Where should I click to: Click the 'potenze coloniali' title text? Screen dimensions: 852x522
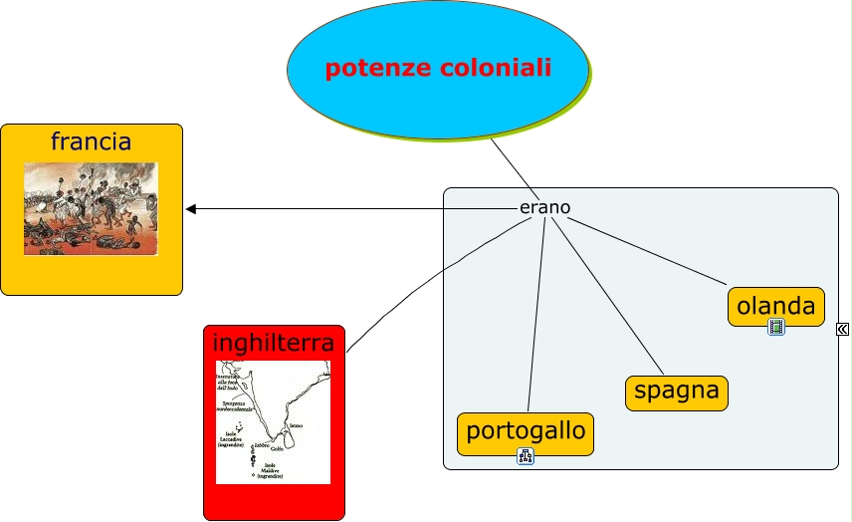pos(438,69)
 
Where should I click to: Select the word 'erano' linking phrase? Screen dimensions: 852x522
pos(544,207)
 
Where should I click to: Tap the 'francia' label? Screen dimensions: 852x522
pos(91,141)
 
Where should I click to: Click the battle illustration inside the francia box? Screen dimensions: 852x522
pos(91,209)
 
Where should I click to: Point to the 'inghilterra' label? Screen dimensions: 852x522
pos(274,343)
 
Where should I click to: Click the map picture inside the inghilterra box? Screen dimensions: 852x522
pos(273,422)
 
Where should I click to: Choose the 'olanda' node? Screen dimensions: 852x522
pos(776,306)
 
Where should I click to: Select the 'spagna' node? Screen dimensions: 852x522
pos(676,391)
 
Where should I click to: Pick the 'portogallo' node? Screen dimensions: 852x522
pos(526,433)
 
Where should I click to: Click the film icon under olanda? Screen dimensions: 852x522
pos(776,327)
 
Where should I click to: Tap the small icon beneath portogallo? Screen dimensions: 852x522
pos(526,457)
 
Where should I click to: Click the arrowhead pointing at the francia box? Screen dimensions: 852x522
pos(191,208)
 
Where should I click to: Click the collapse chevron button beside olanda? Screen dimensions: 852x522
pos(842,329)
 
